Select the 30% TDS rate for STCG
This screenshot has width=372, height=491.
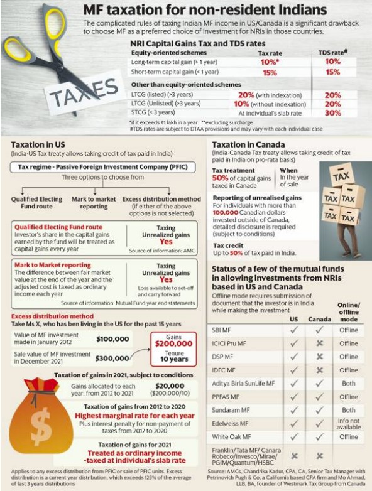[333, 113]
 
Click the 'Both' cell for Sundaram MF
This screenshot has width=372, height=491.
[349, 410]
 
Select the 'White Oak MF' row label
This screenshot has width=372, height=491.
[231, 436]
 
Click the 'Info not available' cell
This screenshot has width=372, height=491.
[349, 423]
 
